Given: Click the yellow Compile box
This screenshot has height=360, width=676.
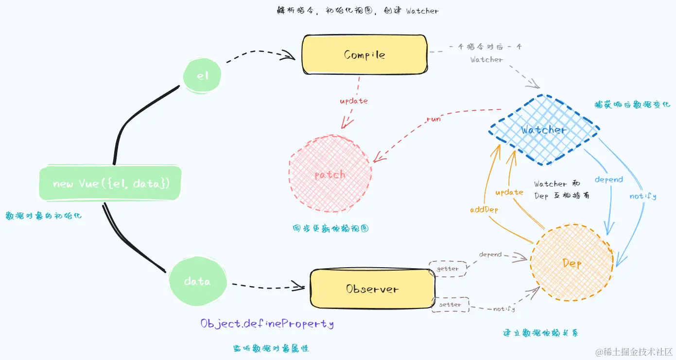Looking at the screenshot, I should tap(364, 54).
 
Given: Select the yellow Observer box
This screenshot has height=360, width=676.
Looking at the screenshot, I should tap(372, 289).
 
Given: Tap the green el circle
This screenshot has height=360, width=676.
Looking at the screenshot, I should tap(202, 75).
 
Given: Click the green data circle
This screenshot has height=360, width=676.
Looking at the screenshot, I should tap(197, 281).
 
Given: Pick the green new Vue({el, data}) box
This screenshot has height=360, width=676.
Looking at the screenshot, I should tap(111, 184).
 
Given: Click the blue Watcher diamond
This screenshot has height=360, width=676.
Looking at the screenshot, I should tap(543, 130).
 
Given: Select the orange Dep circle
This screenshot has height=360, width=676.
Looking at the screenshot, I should tap(572, 263).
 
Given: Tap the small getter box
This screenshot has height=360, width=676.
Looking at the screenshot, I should tap(447, 269).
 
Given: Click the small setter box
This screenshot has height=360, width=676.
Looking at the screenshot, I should tap(450, 305).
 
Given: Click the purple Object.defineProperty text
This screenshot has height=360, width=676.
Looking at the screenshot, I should tap(267, 324).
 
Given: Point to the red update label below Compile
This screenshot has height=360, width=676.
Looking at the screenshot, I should tap(353, 101).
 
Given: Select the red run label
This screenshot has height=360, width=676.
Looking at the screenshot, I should tap(433, 119).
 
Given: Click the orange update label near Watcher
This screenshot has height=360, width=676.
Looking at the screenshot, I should tap(509, 192).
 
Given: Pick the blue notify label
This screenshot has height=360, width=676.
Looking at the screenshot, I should tap(642, 196).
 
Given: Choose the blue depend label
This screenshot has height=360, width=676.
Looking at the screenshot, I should tap(608, 179).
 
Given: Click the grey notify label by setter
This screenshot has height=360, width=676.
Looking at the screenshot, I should tap(504, 309).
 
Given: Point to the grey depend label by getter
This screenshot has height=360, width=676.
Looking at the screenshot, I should tap(490, 255).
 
